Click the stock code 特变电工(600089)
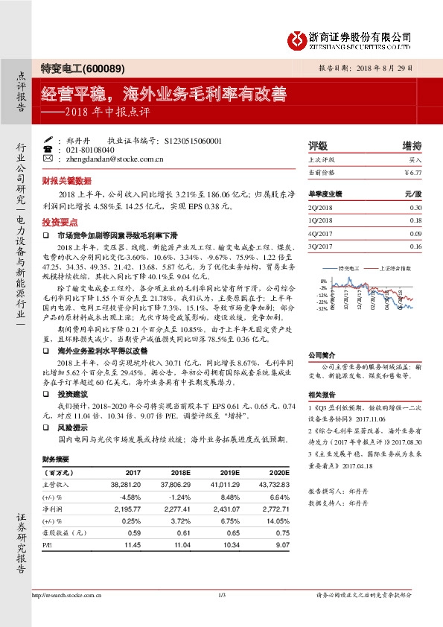tap(71, 68)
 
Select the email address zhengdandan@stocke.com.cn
tap(114, 159)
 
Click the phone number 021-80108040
tap(89, 149)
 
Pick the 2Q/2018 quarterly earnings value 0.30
tap(415, 208)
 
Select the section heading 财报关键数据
tap(66, 180)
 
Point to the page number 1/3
tap(221, 594)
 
